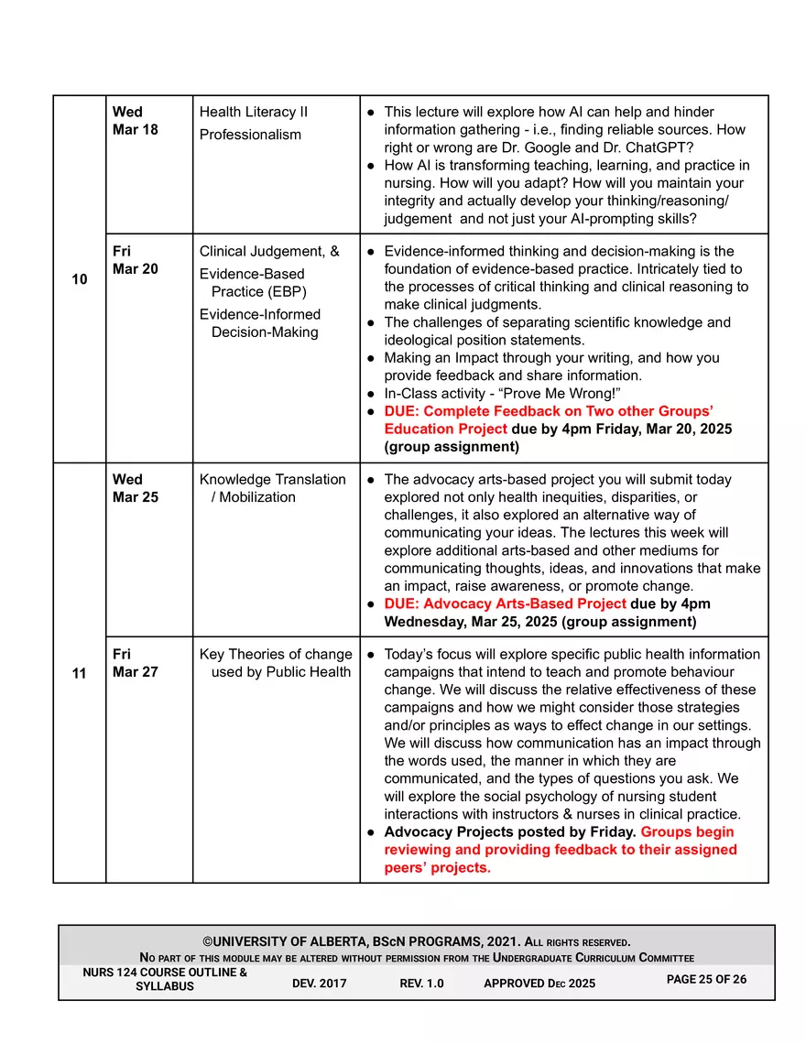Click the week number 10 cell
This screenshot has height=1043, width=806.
(79, 279)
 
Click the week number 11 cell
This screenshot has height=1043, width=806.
(79, 673)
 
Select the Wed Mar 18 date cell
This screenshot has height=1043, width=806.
(135, 121)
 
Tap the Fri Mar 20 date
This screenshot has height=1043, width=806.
(135, 260)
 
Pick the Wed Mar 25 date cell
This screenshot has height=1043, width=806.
(135, 488)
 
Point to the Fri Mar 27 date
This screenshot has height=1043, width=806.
(135, 663)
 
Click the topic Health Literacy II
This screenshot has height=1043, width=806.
(254, 113)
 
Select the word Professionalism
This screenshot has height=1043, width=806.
(250, 135)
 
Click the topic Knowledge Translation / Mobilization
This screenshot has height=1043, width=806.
(273, 488)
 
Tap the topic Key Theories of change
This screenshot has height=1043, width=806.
(275, 655)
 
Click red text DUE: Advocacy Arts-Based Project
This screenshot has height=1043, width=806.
(506, 604)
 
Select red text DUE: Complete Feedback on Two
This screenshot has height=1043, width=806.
(549, 411)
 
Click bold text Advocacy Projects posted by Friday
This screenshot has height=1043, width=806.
(510, 832)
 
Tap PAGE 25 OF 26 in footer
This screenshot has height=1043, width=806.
(706, 979)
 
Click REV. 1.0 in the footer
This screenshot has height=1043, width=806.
(421, 983)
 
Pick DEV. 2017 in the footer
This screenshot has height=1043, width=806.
(321, 983)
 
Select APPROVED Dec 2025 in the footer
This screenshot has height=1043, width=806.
(539, 983)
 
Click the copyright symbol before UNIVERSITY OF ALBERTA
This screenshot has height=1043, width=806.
(207, 942)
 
